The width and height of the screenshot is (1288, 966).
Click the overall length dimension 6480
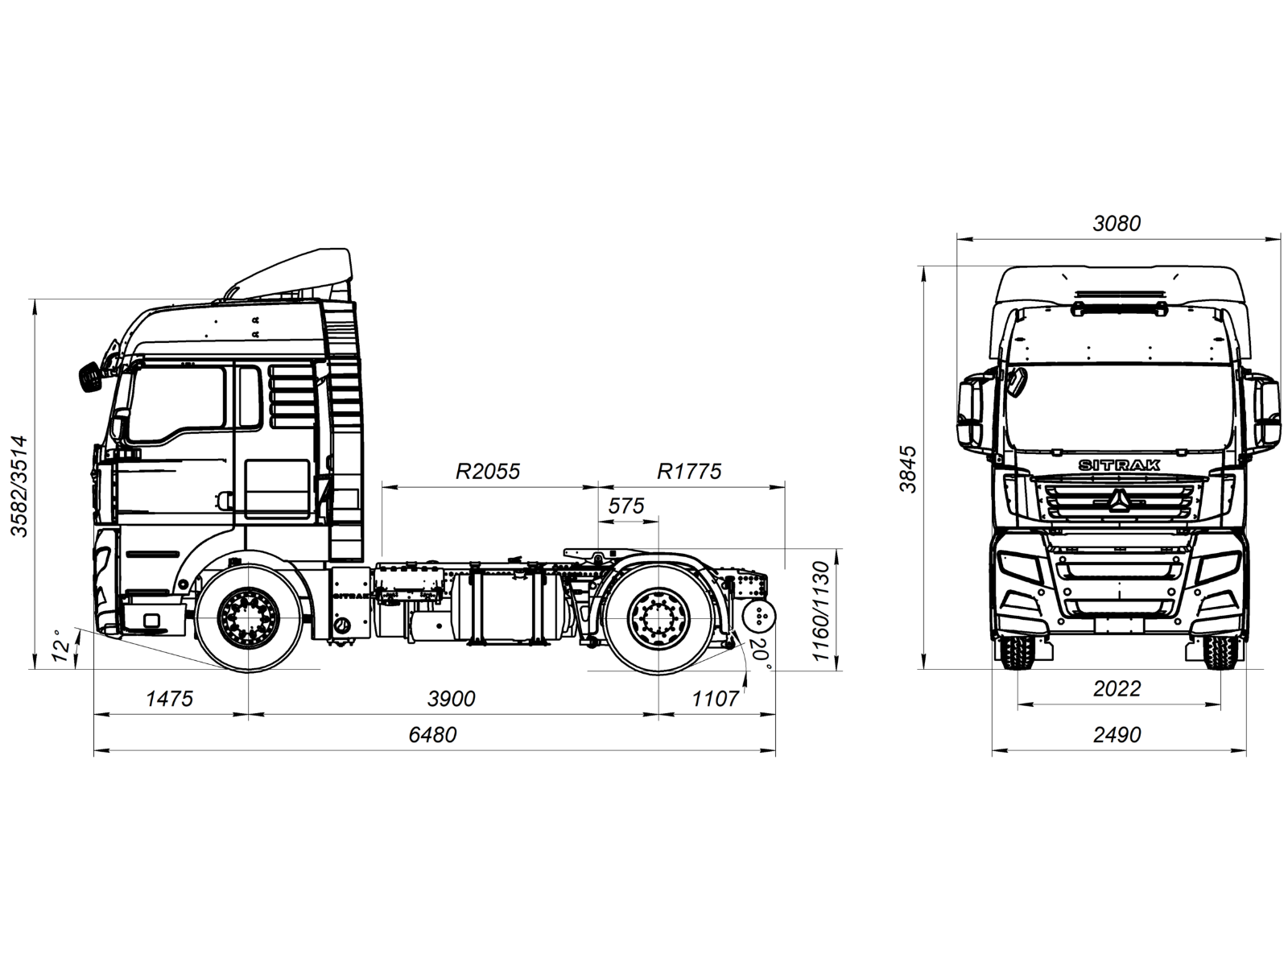click(432, 735)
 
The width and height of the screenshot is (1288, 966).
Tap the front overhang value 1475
click(169, 698)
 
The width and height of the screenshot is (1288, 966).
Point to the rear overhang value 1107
click(715, 698)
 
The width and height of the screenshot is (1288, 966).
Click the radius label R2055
click(488, 471)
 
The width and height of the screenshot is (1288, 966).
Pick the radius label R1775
click(689, 471)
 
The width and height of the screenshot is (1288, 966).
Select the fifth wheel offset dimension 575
click(626, 506)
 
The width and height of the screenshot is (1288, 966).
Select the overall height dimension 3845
click(908, 469)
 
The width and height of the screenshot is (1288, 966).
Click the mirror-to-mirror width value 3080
click(1117, 223)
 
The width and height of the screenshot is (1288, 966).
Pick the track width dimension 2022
click(1117, 689)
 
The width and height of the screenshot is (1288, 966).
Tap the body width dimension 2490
click(1117, 735)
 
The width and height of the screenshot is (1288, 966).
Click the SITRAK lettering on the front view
click(1119, 465)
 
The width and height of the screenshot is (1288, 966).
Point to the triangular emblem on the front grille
click(1119, 501)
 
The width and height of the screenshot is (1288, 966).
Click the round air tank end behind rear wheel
click(758, 618)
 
